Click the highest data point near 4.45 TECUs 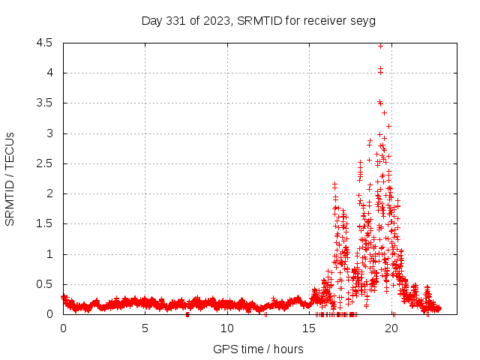380,46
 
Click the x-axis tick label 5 145,328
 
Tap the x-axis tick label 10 227,328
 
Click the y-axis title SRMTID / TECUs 10,178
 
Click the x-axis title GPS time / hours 258,349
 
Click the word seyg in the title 363,21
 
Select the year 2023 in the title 214,21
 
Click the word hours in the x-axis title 288,349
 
